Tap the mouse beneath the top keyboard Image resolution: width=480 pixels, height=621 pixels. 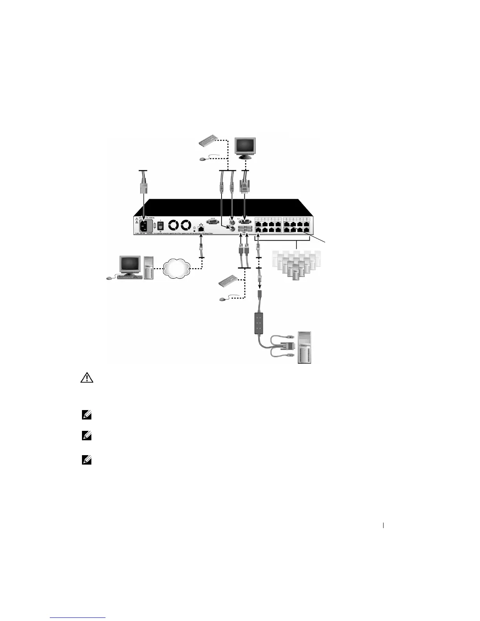click(202, 159)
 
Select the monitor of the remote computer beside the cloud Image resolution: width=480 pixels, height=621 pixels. click(130, 265)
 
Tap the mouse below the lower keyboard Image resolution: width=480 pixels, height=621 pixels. click(223, 299)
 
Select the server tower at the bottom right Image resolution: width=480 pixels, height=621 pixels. click(305, 347)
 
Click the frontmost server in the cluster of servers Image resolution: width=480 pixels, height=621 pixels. click(295, 272)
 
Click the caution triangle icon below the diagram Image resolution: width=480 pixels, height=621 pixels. click(86, 378)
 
